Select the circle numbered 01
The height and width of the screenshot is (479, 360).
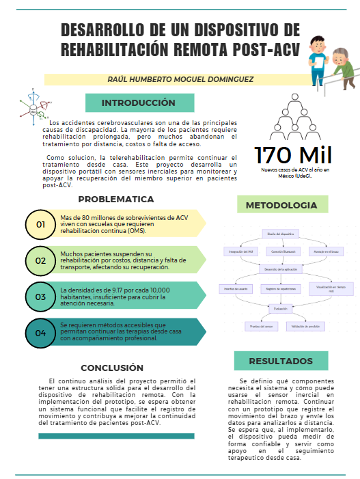(40, 223)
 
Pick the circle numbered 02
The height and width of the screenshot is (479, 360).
(40, 260)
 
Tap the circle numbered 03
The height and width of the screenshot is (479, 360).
(40, 297)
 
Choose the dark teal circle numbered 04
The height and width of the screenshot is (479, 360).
(40, 333)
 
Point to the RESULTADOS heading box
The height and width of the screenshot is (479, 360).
(280, 361)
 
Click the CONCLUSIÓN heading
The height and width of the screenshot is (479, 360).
(112, 367)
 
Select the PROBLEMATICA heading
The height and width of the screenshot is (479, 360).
(115, 200)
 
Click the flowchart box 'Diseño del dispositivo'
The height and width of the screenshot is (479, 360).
(280, 233)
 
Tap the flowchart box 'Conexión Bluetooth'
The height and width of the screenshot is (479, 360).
(281, 251)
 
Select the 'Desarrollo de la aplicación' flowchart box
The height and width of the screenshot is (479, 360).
(280, 271)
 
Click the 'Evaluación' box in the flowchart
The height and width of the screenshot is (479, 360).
(280, 309)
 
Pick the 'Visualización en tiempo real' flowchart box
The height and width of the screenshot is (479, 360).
(331, 289)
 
